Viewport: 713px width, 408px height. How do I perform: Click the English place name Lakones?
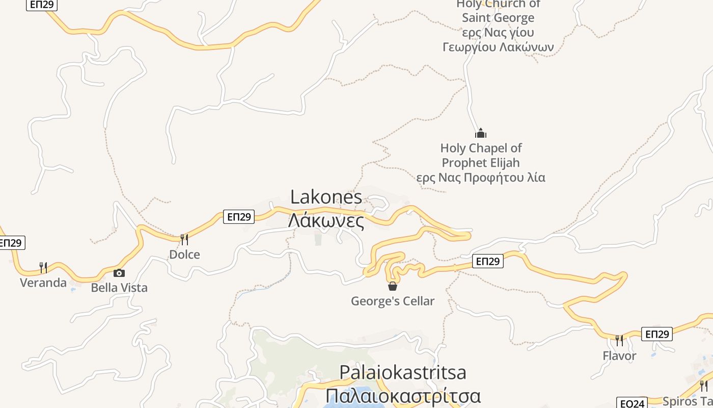[x=326, y=197]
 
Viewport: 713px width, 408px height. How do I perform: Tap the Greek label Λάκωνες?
[x=326, y=221]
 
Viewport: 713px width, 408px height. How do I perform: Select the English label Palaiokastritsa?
[x=402, y=372]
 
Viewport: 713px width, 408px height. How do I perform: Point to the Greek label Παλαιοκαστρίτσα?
[x=402, y=396]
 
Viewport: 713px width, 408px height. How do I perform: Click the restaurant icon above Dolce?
[x=184, y=239]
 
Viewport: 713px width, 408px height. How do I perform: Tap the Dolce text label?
[x=184, y=254]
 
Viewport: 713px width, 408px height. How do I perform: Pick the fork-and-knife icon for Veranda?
[x=43, y=267]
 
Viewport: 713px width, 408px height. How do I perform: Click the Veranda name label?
[x=43, y=283]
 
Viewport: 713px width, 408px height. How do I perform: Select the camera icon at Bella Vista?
[x=119, y=273]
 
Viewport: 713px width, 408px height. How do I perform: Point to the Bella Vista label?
[x=119, y=288]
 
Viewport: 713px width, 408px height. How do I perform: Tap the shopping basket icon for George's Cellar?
[x=392, y=286]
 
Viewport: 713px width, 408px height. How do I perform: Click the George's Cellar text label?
[x=392, y=301]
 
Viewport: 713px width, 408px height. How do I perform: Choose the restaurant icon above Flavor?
[x=619, y=340]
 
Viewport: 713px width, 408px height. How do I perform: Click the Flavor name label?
[x=619, y=355]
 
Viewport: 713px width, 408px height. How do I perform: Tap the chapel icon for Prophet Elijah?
[x=481, y=134]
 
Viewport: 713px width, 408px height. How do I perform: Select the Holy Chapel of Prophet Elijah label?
[x=481, y=163]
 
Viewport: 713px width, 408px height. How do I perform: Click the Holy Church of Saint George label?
[x=498, y=25]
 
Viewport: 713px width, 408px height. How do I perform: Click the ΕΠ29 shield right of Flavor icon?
[x=656, y=334]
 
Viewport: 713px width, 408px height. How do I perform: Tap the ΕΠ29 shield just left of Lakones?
[x=238, y=217]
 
